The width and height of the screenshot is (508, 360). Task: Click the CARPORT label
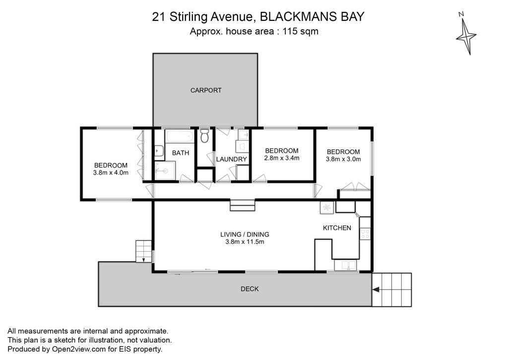click(x=206, y=90)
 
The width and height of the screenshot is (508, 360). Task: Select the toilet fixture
click(x=204, y=136)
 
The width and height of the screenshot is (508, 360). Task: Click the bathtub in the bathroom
click(x=180, y=136)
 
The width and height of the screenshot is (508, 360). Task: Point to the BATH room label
click(x=181, y=153)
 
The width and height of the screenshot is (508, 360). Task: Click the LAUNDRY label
click(x=231, y=159)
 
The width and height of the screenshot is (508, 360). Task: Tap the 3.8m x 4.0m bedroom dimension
click(x=111, y=173)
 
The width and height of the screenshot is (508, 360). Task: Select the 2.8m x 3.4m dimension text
click(x=282, y=158)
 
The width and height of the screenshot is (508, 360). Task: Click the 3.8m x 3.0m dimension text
click(x=343, y=159)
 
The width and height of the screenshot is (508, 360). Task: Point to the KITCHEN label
click(x=337, y=228)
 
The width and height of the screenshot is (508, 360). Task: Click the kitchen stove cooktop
click(x=365, y=234)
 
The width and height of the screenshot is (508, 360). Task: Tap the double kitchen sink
click(x=345, y=265)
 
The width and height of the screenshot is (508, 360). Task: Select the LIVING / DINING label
click(x=245, y=234)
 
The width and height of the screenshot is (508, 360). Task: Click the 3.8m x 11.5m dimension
click(x=245, y=242)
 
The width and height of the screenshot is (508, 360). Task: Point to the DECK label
click(x=250, y=288)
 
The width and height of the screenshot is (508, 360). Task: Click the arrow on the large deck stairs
click(x=376, y=289)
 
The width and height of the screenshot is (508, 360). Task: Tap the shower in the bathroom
click(x=165, y=170)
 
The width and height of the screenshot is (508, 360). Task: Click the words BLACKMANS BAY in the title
click(x=313, y=16)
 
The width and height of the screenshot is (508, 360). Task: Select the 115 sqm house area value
click(x=301, y=31)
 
